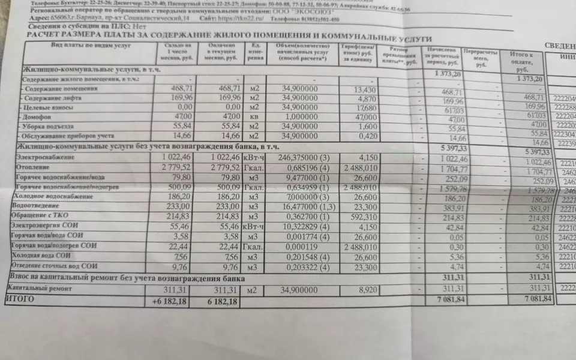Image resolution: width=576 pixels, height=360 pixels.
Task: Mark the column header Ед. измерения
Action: point(256,55)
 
